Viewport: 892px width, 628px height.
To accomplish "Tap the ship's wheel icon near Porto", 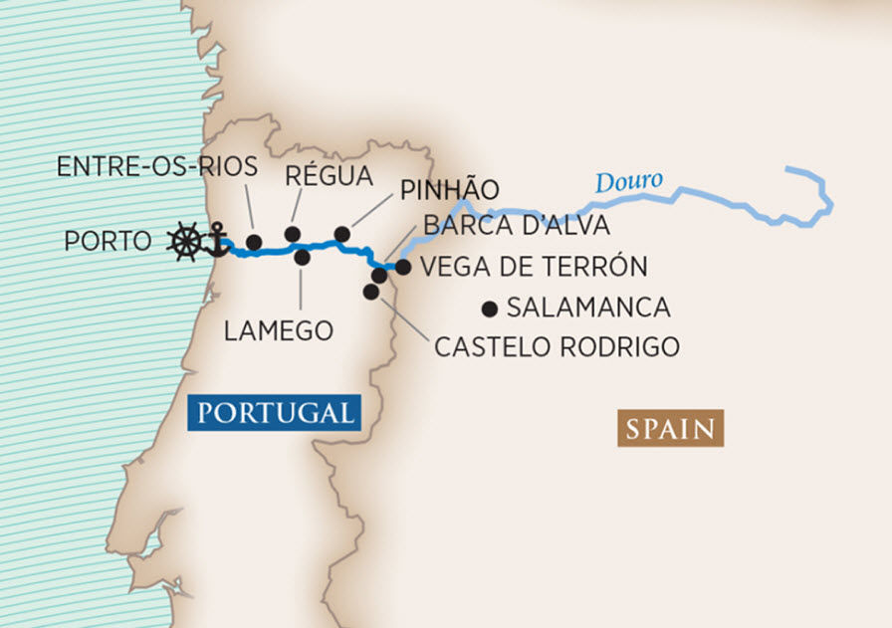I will (x=184, y=242).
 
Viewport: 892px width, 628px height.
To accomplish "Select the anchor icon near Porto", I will (x=214, y=240).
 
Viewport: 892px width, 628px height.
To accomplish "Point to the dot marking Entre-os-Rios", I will (x=254, y=242).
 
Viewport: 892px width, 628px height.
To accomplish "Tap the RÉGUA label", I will (x=328, y=176).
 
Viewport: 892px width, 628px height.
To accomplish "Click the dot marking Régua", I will (x=293, y=234).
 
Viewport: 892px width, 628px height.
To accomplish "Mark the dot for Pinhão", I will (x=341, y=234).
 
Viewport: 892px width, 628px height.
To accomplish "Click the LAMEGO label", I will (x=278, y=331).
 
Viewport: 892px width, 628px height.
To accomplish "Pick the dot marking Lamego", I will (x=303, y=258).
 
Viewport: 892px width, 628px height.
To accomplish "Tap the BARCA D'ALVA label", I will (x=516, y=226).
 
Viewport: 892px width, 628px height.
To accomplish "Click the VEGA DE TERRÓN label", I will (x=534, y=267).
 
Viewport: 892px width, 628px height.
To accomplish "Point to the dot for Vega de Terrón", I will (x=403, y=267).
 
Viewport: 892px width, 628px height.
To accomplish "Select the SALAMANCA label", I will (x=587, y=308).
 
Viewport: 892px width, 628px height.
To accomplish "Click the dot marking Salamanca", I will (x=489, y=308).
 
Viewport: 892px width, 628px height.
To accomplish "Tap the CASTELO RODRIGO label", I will (x=557, y=347).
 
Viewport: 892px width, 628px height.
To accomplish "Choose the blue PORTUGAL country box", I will (x=273, y=413).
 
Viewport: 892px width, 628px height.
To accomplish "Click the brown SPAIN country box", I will (x=670, y=429).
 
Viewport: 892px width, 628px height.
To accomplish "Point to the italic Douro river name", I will (x=628, y=182).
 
